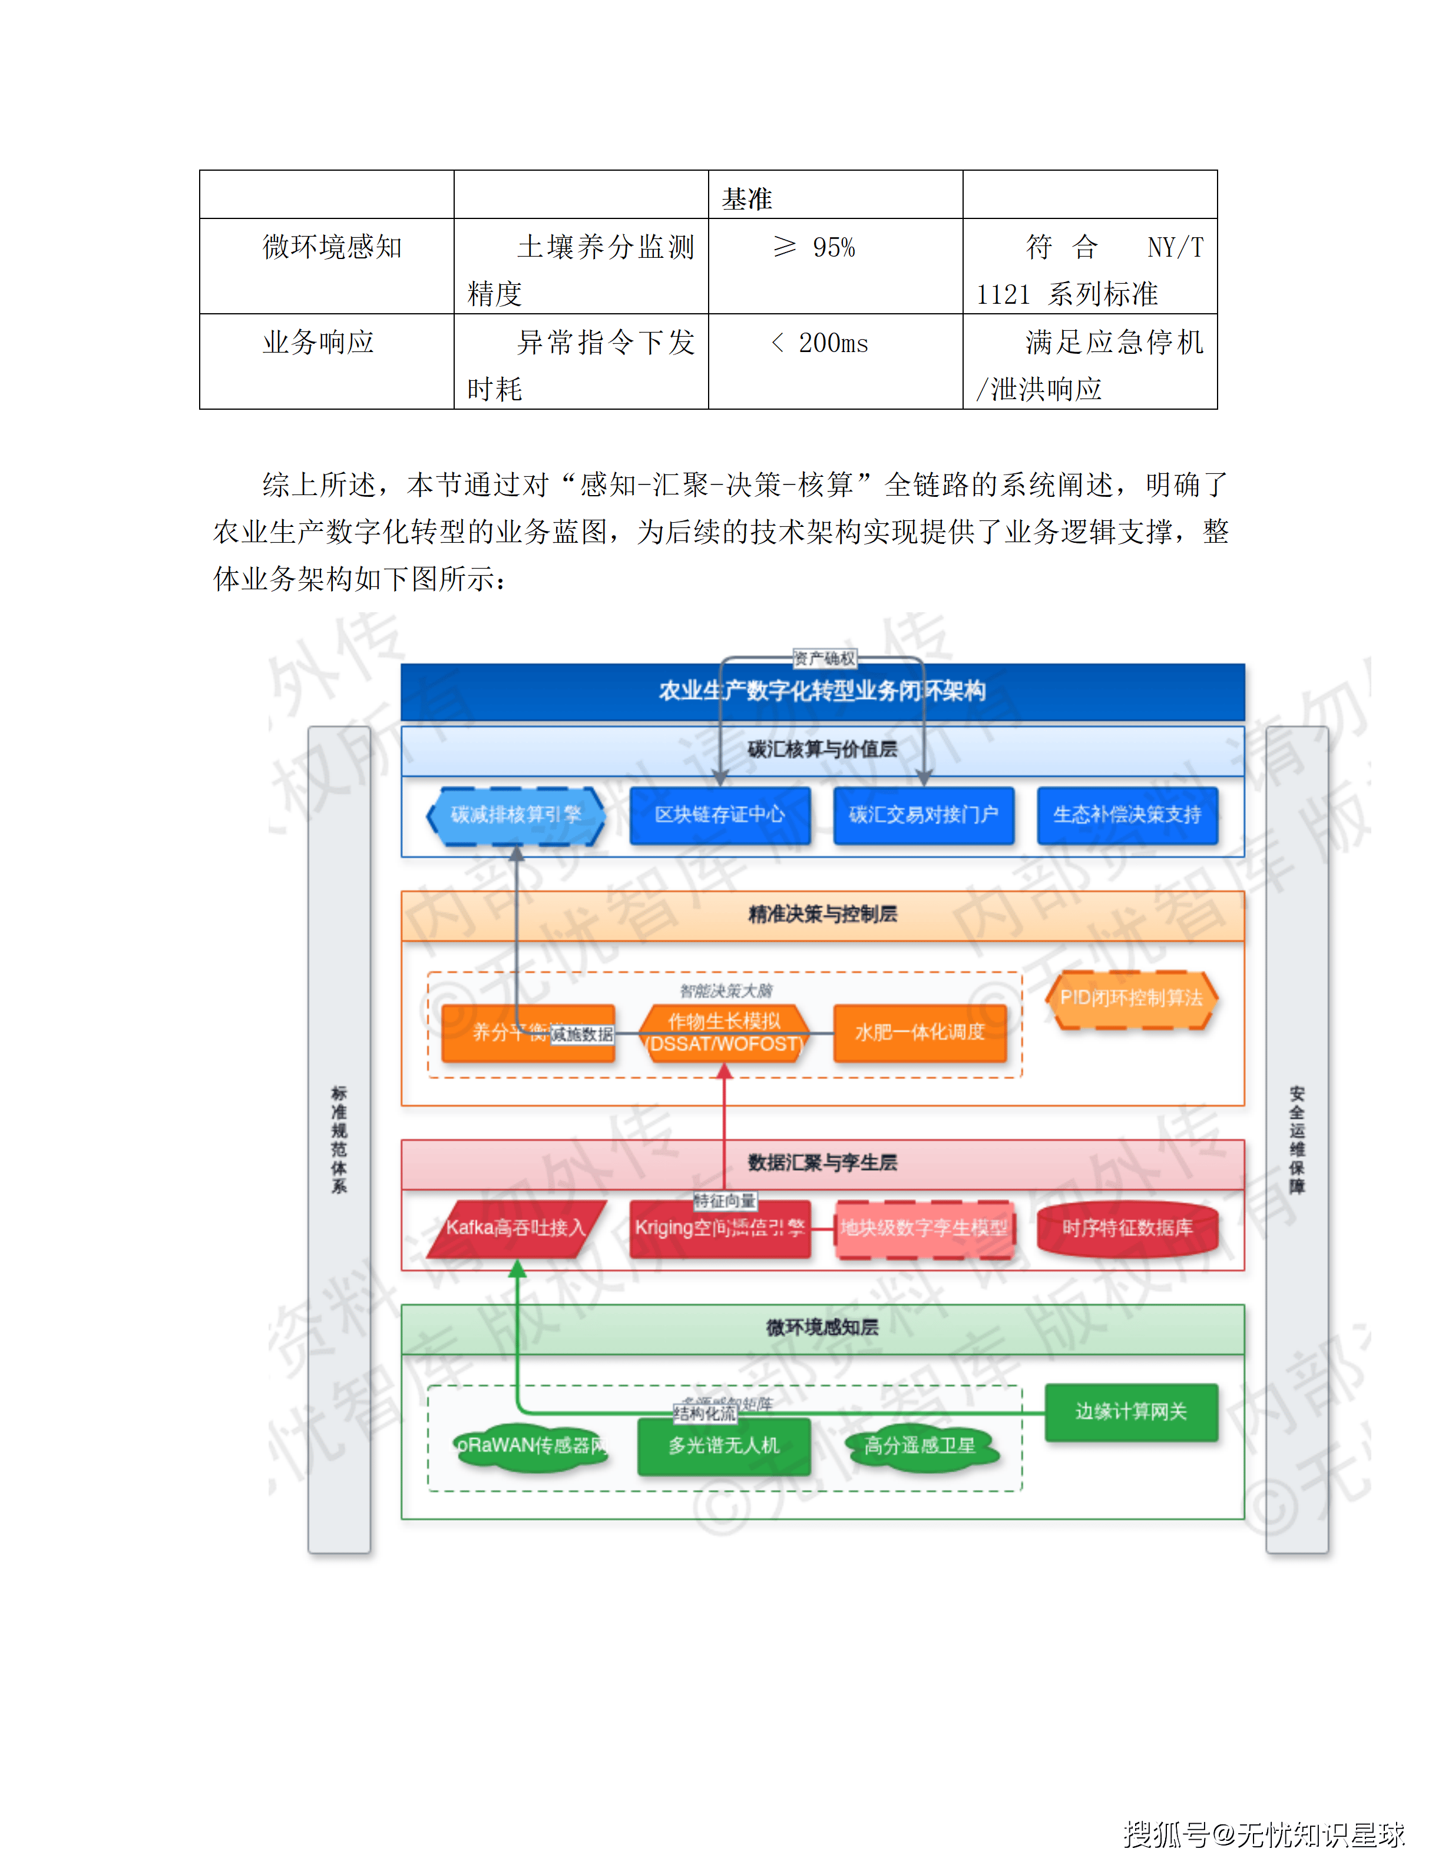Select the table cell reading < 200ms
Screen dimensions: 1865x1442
835,361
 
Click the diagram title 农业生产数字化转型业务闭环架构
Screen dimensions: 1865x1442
822,691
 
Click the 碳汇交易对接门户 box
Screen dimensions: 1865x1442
924,815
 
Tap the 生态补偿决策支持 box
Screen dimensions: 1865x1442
1127,815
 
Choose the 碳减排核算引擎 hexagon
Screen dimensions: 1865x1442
516,815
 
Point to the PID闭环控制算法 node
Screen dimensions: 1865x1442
1131,999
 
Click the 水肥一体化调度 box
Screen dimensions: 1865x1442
920,1033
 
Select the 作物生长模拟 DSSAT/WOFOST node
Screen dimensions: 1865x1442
725,1033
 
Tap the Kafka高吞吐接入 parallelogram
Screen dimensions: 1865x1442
516,1229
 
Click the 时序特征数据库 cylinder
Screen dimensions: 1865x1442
1127,1229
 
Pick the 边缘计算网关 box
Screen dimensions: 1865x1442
1131,1412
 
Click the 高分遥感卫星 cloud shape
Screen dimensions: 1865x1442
920,1446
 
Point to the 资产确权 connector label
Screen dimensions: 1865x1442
823,658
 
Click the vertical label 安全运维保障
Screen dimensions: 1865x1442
1297,1140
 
